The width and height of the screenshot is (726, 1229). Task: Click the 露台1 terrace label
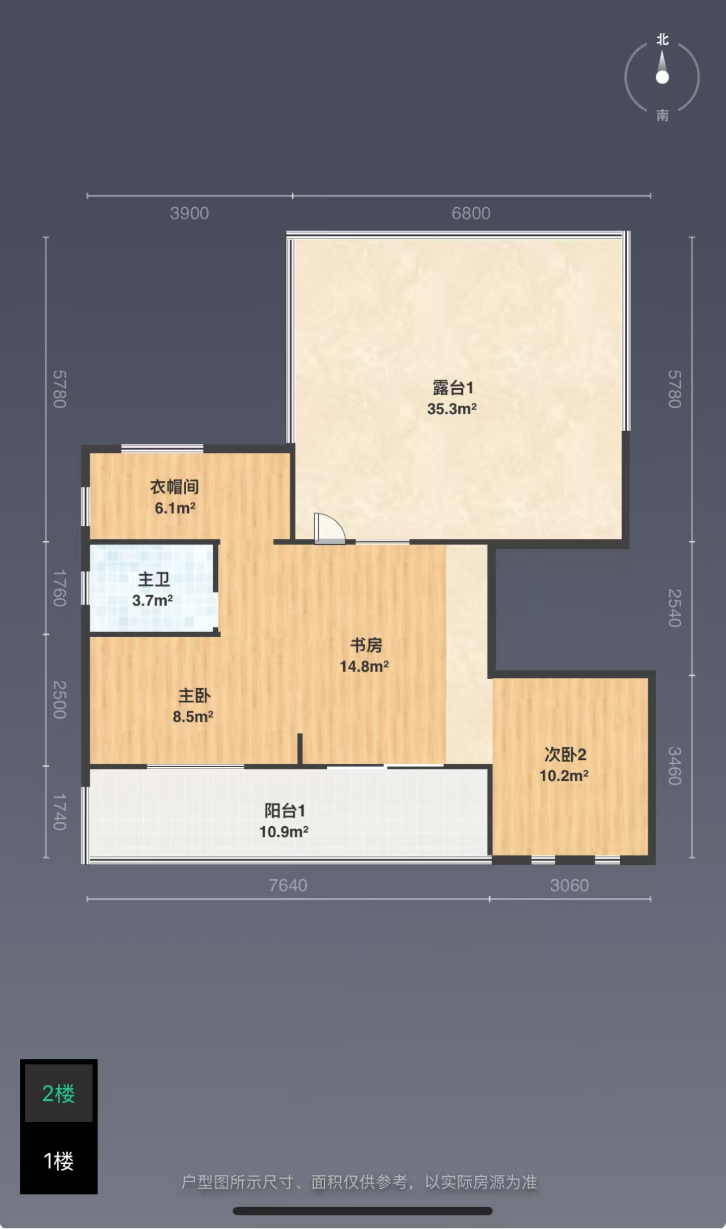click(x=453, y=388)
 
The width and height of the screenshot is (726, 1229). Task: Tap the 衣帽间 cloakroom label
click(x=174, y=487)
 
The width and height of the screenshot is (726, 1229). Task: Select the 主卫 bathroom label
click(x=154, y=579)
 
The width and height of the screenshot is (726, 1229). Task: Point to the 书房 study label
click(x=366, y=645)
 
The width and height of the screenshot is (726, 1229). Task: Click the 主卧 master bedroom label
click(x=194, y=696)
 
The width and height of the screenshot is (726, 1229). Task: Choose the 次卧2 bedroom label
click(x=565, y=755)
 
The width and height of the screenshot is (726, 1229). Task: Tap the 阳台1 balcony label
click(x=285, y=811)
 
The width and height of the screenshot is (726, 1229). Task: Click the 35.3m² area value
click(x=451, y=409)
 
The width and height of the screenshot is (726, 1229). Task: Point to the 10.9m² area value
click(x=284, y=832)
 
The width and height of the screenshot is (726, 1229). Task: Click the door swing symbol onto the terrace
click(x=330, y=529)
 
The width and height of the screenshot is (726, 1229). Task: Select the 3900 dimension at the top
click(x=189, y=213)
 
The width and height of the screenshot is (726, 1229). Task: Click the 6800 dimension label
click(x=471, y=213)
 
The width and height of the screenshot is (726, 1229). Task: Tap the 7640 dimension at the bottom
click(x=288, y=885)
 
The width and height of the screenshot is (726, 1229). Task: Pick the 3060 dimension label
click(x=569, y=885)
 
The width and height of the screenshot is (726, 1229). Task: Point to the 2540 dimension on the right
click(x=674, y=608)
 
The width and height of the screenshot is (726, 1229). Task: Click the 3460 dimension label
click(x=674, y=766)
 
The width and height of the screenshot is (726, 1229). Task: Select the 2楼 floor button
click(x=58, y=1093)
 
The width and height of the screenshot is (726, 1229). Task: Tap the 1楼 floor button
click(x=58, y=1161)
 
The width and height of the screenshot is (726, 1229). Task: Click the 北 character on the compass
click(x=662, y=40)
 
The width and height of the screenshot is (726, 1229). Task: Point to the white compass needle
click(x=662, y=68)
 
